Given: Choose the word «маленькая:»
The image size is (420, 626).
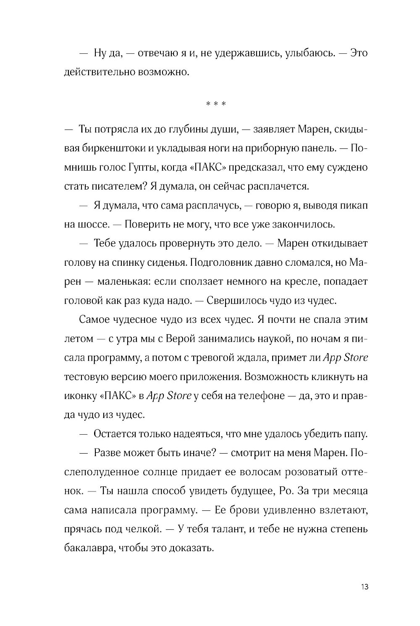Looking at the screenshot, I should click(x=123, y=281).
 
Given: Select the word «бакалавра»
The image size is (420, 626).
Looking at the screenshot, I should click(x=89, y=548).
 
